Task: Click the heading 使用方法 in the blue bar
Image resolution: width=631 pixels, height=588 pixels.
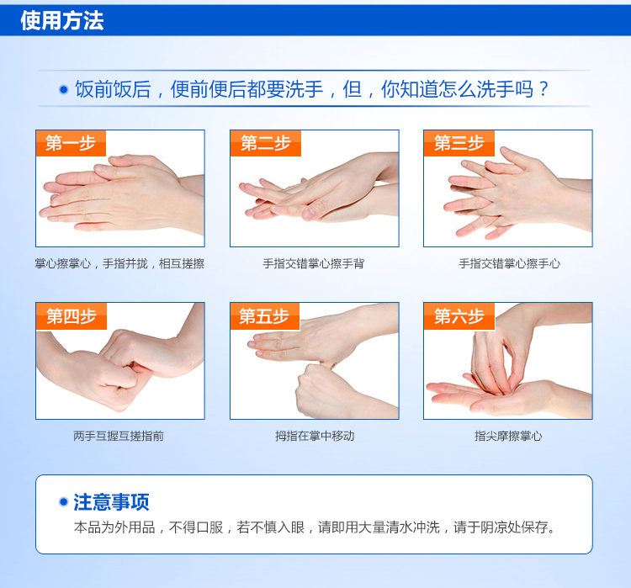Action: coord(62,20)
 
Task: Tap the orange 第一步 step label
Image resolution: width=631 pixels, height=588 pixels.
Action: coord(71,143)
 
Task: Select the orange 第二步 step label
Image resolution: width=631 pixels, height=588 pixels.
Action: coord(266,143)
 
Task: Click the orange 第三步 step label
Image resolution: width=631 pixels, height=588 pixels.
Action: coord(459,143)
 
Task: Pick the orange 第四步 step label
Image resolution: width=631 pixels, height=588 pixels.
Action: coord(72,316)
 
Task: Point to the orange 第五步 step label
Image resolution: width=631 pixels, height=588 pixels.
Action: coord(265,316)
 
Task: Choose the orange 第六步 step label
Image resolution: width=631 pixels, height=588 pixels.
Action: coord(459,316)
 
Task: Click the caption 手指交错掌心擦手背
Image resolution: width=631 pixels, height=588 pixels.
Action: coord(314,263)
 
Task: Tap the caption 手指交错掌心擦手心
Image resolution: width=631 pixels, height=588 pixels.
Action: coord(509,263)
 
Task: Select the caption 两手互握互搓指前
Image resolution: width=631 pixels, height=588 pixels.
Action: coord(119,436)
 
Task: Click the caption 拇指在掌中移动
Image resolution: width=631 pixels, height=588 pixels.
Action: coord(315,436)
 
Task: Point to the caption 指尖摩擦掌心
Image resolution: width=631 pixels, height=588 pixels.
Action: coord(508,436)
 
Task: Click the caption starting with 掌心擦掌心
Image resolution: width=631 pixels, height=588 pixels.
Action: coord(119,263)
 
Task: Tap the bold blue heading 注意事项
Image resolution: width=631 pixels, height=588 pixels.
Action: coord(111,502)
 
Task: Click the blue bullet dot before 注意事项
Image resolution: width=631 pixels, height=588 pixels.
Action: coord(63,502)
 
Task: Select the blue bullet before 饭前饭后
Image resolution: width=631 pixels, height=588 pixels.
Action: coord(64,89)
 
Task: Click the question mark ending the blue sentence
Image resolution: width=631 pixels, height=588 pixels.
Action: coord(544,89)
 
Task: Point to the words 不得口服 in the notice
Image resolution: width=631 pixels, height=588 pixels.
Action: coord(196,527)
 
